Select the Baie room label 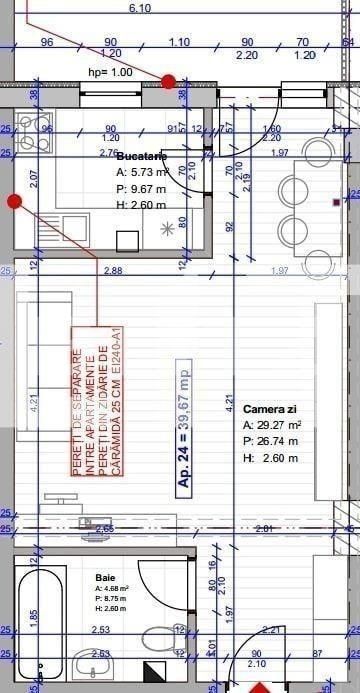click(105, 578)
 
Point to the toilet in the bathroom click(161, 636)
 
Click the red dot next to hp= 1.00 click(168, 81)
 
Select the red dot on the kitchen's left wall click(14, 201)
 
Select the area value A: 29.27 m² click(273, 425)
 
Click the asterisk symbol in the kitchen click(167, 228)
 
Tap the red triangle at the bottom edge click(262, 688)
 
